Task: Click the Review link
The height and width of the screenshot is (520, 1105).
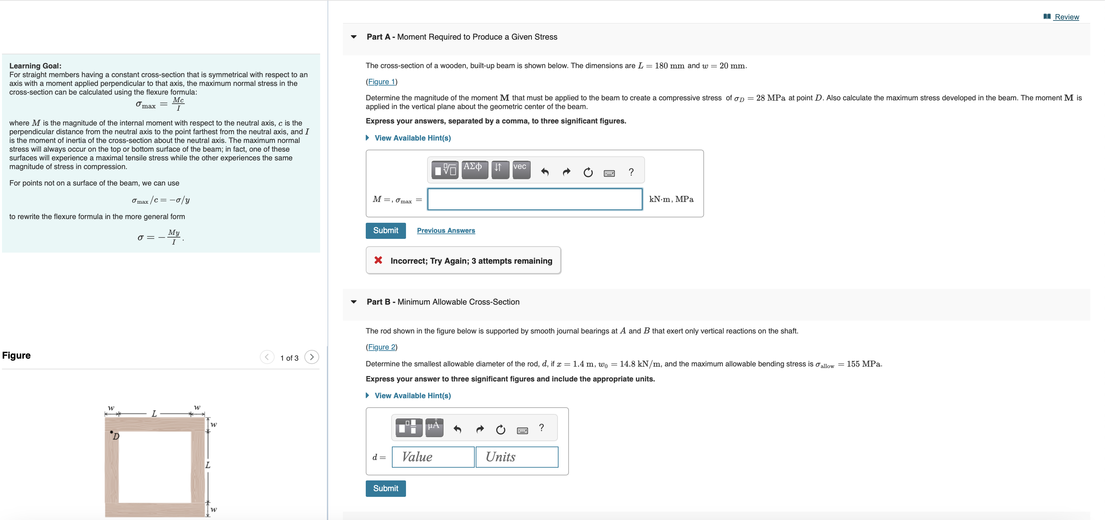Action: [x=1066, y=17]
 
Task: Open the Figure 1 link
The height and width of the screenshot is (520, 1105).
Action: [x=381, y=82]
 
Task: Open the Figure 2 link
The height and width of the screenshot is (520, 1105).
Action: [x=381, y=347]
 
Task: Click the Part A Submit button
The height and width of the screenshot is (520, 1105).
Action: [x=385, y=230]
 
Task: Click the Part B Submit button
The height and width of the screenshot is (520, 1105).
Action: [x=385, y=488]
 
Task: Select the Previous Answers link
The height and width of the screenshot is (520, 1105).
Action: [x=446, y=230]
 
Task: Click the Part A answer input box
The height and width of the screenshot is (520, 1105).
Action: [x=534, y=199]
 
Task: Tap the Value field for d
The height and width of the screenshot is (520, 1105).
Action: [x=433, y=457]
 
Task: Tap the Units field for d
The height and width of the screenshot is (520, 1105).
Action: [x=517, y=457]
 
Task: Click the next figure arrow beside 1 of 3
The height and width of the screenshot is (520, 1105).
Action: [x=312, y=357]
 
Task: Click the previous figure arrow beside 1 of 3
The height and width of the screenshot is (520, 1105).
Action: [x=267, y=357]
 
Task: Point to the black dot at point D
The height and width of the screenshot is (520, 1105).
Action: [x=112, y=432]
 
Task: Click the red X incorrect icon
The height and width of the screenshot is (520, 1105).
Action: [x=378, y=260]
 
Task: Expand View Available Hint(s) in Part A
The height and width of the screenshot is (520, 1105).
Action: [x=412, y=138]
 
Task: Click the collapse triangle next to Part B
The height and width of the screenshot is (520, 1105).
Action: [x=353, y=302]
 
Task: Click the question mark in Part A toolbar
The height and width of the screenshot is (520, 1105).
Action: [x=631, y=172]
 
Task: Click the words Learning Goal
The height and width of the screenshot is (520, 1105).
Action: [x=35, y=66]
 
